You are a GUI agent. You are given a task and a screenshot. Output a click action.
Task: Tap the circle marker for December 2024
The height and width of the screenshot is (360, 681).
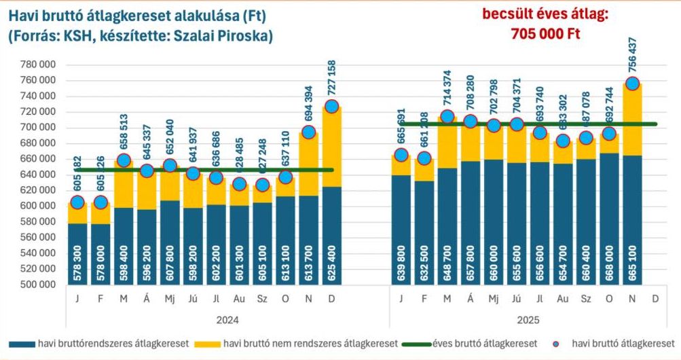pyautogui.click(x=331, y=107)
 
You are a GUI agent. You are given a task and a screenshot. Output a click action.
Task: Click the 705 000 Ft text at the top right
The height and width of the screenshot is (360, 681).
pyautogui.click(x=546, y=33)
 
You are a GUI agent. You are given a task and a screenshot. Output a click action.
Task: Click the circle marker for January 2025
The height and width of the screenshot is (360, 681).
pyautogui.click(x=401, y=155)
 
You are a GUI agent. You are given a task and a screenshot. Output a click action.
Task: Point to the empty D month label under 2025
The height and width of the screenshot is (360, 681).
pyautogui.click(x=655, y=298)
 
